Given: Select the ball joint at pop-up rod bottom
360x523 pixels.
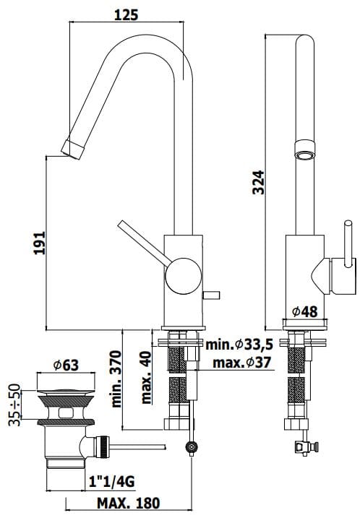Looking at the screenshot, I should [191, 448].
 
